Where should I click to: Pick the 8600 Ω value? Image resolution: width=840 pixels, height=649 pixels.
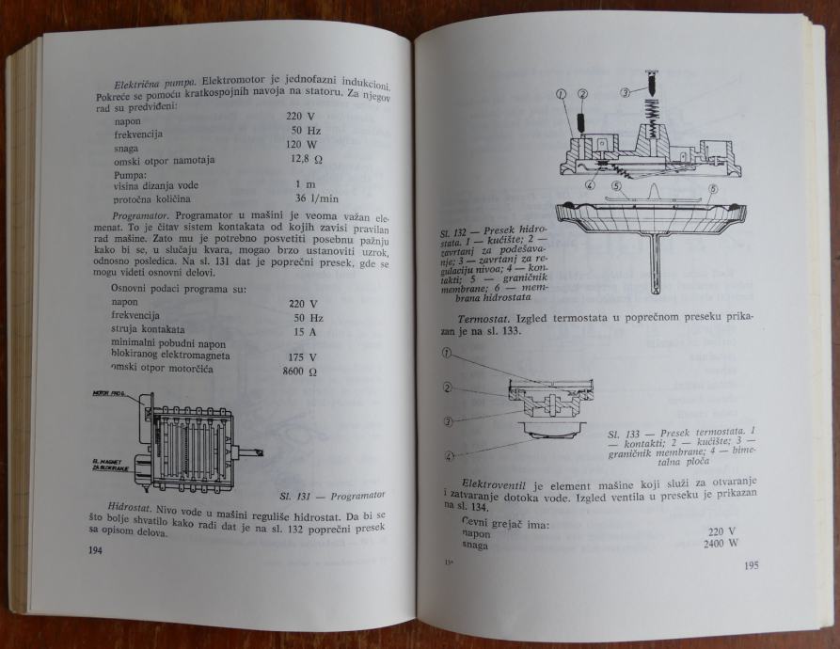point(301,372)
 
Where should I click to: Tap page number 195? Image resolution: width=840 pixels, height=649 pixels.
point(752,565)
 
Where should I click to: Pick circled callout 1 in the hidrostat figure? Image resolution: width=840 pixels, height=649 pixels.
point(563,93)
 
